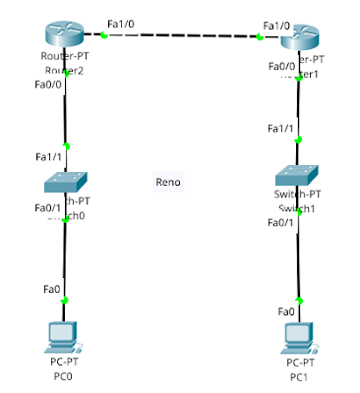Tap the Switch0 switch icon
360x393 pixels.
[x=65, y=181]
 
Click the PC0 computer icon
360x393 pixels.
[x=65, y=337]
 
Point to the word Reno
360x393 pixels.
[x=168, y=182]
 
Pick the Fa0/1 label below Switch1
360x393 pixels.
[x=280, y=222]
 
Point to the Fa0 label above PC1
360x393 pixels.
[x=286, y=311]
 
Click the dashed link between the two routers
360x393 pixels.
[x=182, y=36]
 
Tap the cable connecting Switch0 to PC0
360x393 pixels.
[x=65, y=260]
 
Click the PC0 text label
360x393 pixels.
[x=64, y=374]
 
